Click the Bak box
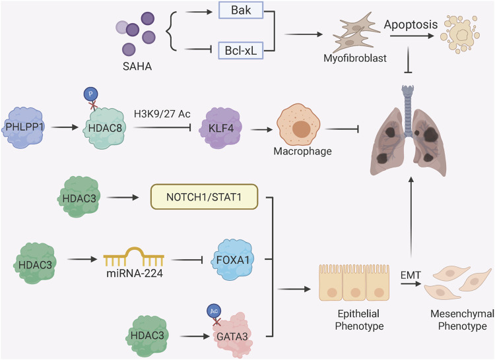pyautogui.click(x=240, y=10)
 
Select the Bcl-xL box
pyautogui.click(x=240, y=50)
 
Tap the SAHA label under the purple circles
pyautogui.click(x=137, y=66)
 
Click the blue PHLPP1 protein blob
pyautogui.click(x=23, y=127)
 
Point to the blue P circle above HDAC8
pyautogui.click(x=90, y=94)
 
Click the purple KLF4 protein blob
pyautogui.click(x=220, y=128)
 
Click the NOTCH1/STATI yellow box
pyautogui.click(x=204, y=197)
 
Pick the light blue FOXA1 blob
pyautogui.click(x=233, y=260)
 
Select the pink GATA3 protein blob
pyautogui.click(x=233, y=336)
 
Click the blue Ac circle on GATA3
pyautogui.click(x=214, y=311)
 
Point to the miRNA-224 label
pyautogui.click(x=135, y=273)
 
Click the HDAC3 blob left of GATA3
pyautogui.click(x=147, y=336)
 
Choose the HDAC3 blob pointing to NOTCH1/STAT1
pyautogui.click(x=79, y=197)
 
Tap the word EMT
pyautogui.click(x=411, y=275)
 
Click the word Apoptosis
pyautogui.click(x=411, y=24)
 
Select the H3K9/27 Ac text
pyautogui.click(x=162, y=113)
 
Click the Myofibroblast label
pyautogui.click(x=355, y=58)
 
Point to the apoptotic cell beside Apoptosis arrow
pyautogui.click(x=460, y=35)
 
